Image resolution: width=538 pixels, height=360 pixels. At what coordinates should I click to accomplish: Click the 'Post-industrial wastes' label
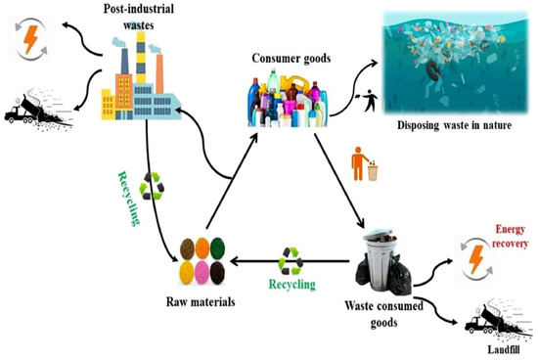(144, 17)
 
